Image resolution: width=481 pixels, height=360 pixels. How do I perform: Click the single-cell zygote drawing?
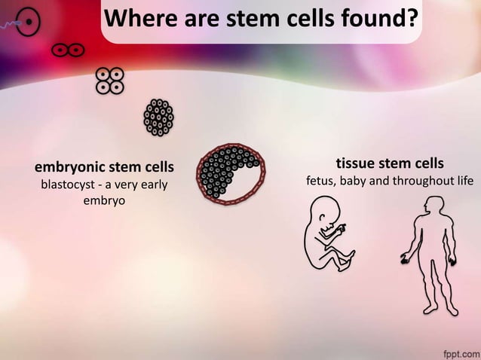[x=28, y=22]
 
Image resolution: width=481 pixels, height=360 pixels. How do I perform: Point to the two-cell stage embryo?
[x=66, y=50]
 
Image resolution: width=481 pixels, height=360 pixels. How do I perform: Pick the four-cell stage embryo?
[x=109, y=81]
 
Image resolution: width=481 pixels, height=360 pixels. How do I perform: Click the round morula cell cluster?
[x=158, y=117]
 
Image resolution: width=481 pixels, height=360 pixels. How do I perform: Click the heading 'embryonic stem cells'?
[x=104, y=166]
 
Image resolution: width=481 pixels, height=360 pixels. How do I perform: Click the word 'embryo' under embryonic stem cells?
[x=104, y=202]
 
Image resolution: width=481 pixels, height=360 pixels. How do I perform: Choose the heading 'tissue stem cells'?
[x=389, y=163]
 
